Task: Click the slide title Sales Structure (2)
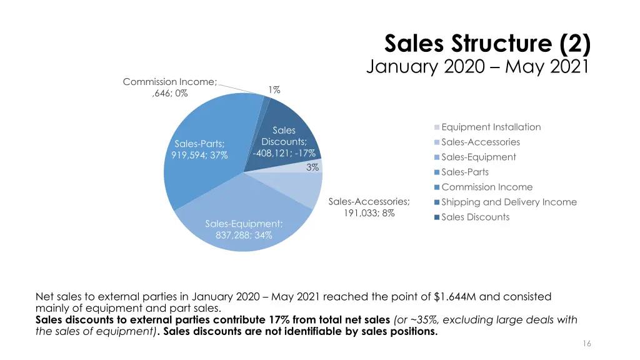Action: tap(487, 45)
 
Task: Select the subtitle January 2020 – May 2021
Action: tap(477, 66)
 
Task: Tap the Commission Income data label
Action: tap(169, 87)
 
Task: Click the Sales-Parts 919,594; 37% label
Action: tap(199, 150)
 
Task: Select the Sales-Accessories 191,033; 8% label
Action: tap(369, 207)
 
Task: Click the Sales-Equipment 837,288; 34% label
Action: tap(244, 229)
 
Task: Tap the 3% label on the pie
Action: tap(312, 167)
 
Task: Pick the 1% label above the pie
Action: tap(274, 90)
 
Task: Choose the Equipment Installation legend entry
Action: tap(491, 127)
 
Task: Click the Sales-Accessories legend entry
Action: tap(480, 142)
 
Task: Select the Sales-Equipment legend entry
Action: tap(478, 157)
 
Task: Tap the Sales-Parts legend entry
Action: tap(465, 172)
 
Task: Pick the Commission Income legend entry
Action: tap(486, 187)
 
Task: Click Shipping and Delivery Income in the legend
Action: tap(508, 202)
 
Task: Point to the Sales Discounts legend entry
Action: tap(475, 217)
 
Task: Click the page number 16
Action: tap(586, 344)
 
